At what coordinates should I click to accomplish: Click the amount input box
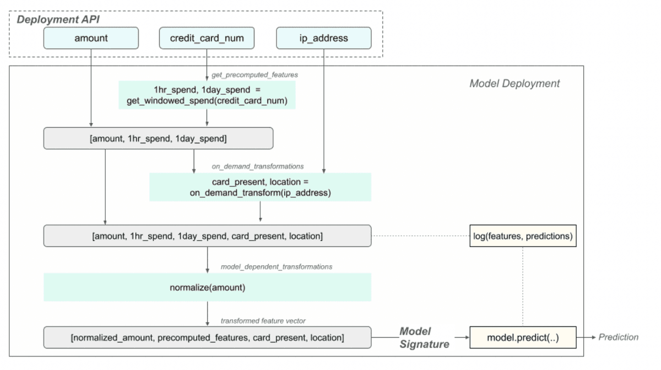(91, 38)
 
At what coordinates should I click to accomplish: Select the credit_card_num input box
(207, 38)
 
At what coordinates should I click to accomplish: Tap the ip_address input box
(323, 38)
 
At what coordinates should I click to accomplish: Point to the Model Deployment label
(514, 84)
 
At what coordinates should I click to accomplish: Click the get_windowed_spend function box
(207, 95)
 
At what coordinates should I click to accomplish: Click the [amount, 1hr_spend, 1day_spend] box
(158, 138)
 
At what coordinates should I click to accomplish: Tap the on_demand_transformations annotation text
(258, 166)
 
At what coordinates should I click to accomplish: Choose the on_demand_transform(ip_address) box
(260, 187)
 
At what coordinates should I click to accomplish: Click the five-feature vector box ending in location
(207, 236)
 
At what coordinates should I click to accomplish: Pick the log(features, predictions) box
(522, 236)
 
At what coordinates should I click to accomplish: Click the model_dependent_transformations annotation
(276, 266)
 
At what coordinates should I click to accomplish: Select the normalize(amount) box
(207, 287)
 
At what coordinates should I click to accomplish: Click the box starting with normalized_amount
(207, 337)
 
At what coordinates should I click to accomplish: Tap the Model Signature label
(424, 337)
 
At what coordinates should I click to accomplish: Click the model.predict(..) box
(522, 337)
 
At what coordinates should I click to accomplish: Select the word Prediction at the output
(619, 337)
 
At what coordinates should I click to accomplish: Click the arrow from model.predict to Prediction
(586, 337)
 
